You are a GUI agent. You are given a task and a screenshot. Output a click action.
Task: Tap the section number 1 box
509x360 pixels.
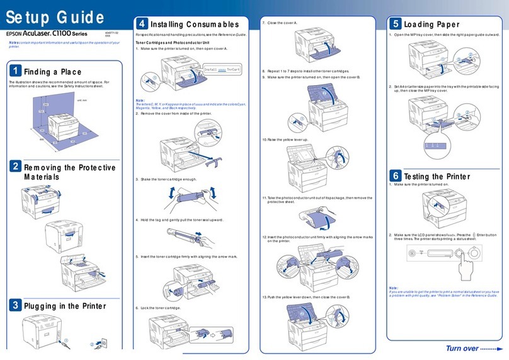pos(14,70)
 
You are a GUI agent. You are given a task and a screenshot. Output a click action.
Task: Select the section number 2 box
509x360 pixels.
pos(14,167)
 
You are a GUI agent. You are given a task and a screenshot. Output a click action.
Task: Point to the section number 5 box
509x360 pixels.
pos(395,24)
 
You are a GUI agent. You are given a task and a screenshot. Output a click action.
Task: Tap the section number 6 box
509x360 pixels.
pos(395,175)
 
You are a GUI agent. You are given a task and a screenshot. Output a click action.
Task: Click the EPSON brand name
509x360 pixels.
pos(17,33)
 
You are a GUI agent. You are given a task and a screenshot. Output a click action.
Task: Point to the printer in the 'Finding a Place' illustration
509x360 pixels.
pos(63,127)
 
